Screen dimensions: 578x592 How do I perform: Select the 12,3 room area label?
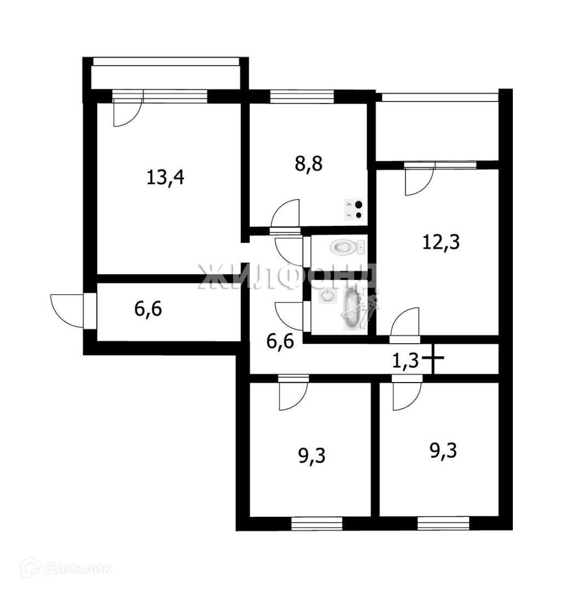pos(440,241)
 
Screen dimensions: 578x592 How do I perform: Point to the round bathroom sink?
pos(327,296)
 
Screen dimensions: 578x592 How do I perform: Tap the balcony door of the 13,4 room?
pos(127,113)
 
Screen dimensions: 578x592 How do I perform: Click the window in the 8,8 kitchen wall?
pos(302,96)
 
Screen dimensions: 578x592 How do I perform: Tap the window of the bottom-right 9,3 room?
pos(443,523)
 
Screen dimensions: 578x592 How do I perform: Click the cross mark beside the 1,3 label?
pos(433,360)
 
